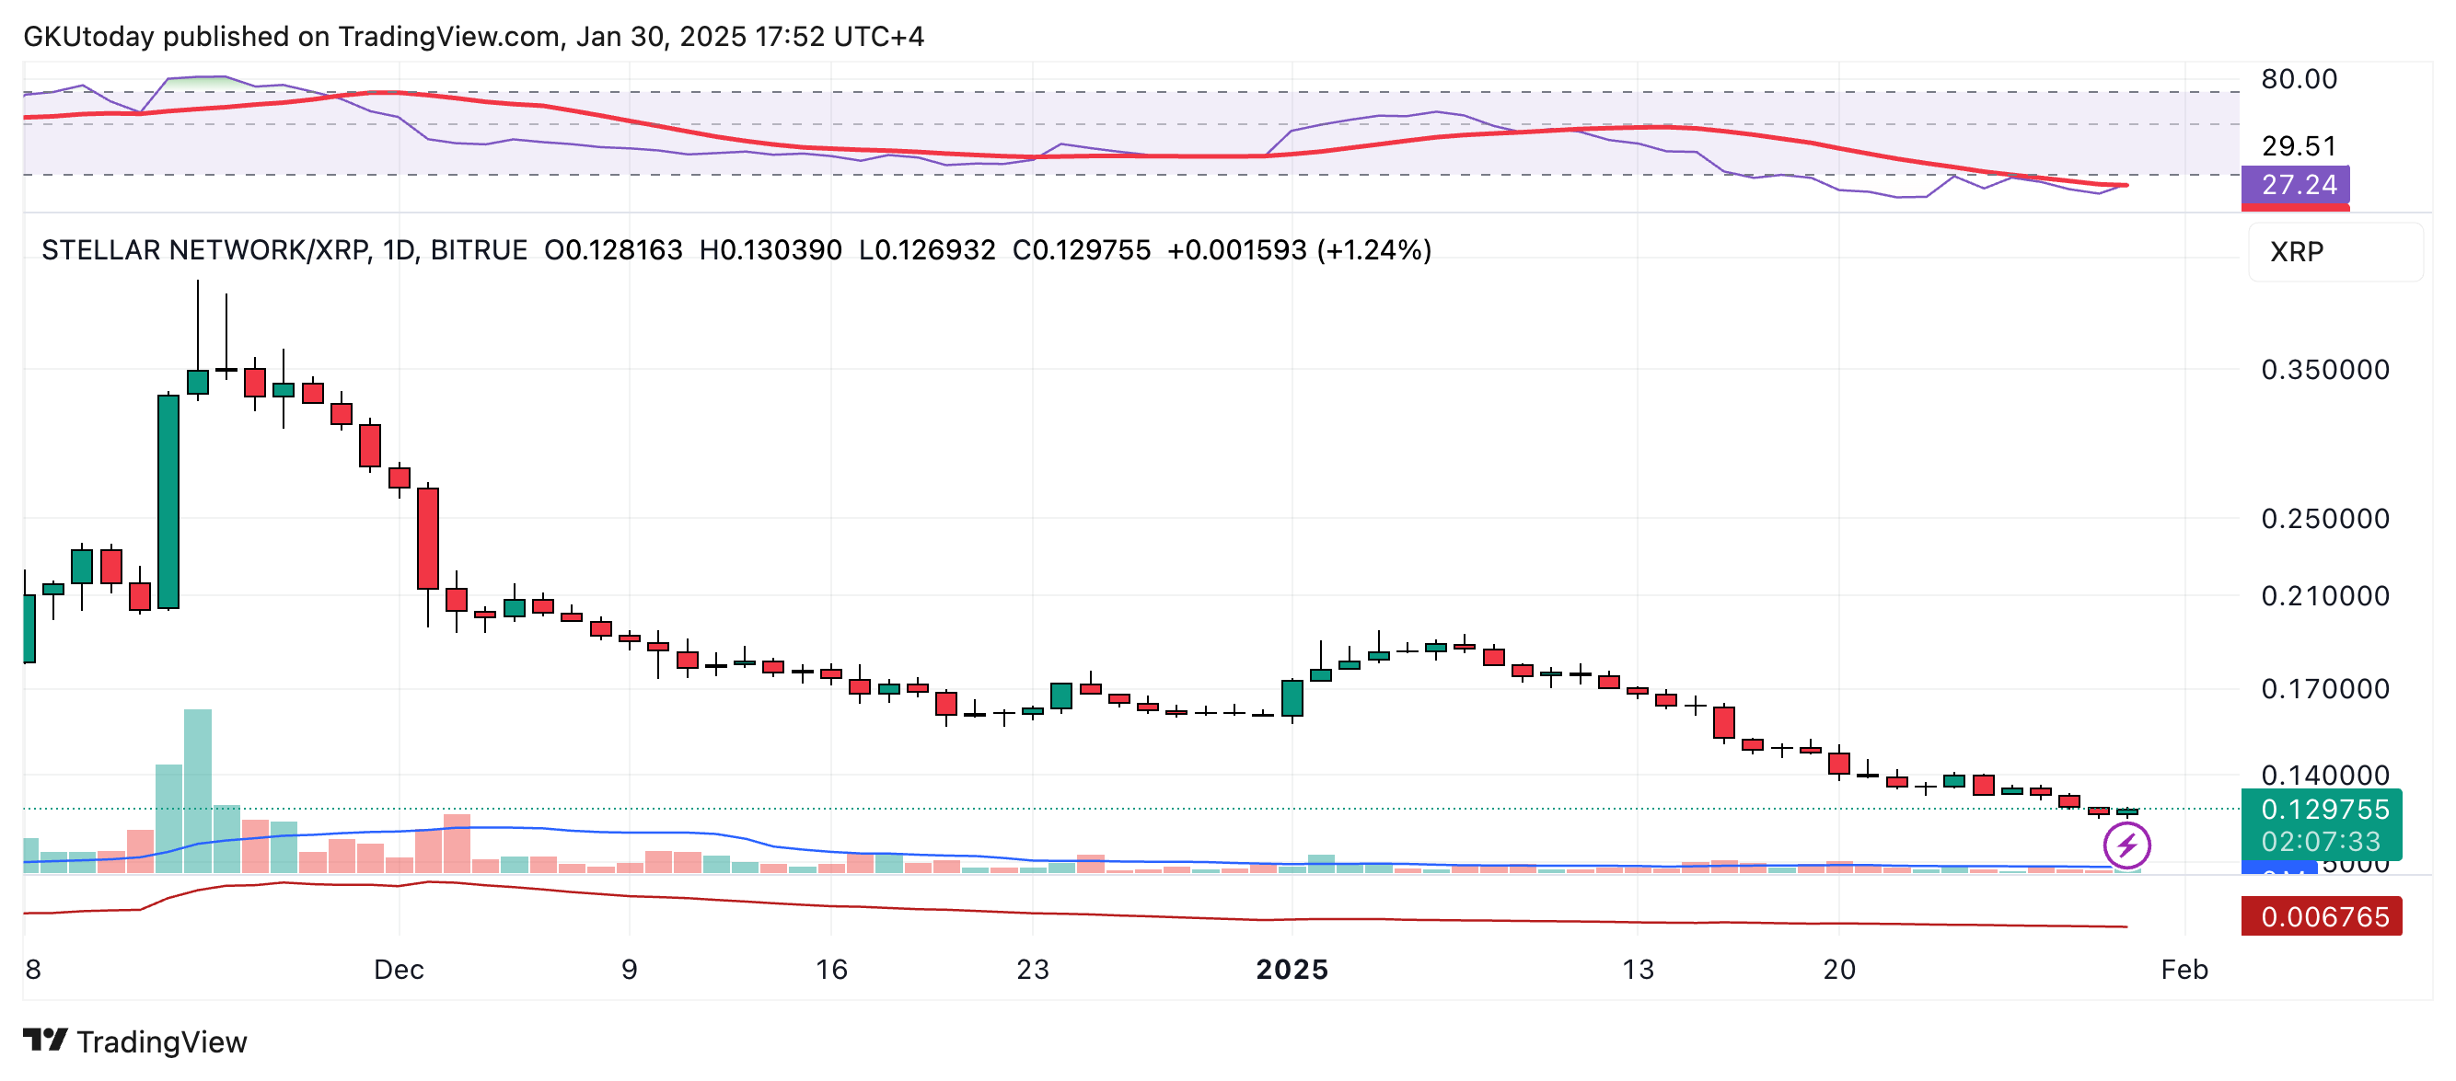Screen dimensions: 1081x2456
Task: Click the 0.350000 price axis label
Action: tap(2324, 370)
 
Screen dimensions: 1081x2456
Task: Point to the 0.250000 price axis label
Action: tap(2324, 519)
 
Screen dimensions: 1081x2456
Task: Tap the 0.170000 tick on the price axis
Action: tap(2324, 688)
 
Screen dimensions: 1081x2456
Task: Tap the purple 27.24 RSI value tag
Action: tap(2298, 185)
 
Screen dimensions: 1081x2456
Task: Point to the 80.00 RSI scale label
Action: tap(2299, 79)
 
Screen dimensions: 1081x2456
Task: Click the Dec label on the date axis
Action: tap(399, 970)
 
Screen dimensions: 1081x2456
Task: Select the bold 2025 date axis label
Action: tap(1292, 970)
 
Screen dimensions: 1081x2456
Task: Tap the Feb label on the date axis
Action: tap(2184, 970)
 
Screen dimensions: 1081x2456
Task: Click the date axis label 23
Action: tap(1033, 970)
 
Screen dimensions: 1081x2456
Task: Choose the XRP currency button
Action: tap(2298, 252)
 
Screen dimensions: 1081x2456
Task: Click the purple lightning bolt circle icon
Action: tap(2127, 845)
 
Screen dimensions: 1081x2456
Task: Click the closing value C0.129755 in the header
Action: tap(1081, 249)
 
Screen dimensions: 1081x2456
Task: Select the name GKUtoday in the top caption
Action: tap(88, 36)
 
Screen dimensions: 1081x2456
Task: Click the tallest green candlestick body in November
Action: tap(168, 501)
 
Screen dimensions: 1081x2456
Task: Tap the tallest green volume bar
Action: tap(197, 791)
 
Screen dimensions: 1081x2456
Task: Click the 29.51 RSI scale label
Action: tap(2299, 146)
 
